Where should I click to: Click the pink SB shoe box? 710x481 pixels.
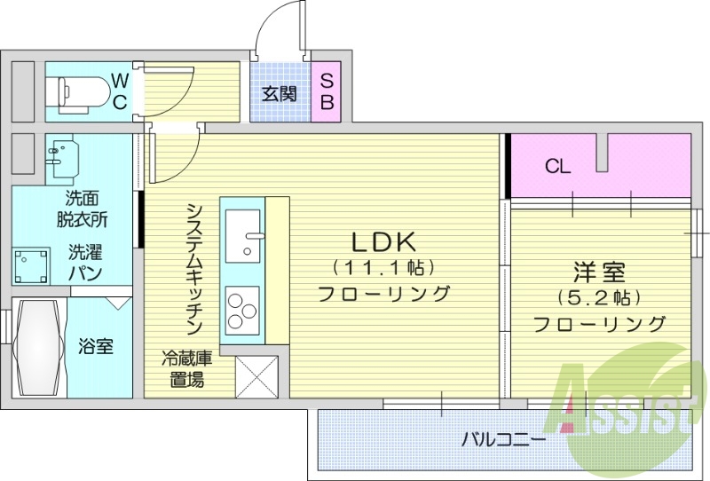(x=326, y=91)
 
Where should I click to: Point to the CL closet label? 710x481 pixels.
(x=557, y=166)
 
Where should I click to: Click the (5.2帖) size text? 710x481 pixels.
(x=599, y=297)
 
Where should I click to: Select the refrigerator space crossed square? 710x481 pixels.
(x=256, y=376)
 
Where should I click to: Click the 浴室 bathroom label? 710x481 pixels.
(x=95, y=346)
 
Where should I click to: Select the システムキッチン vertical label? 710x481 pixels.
(x=196, y=265)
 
